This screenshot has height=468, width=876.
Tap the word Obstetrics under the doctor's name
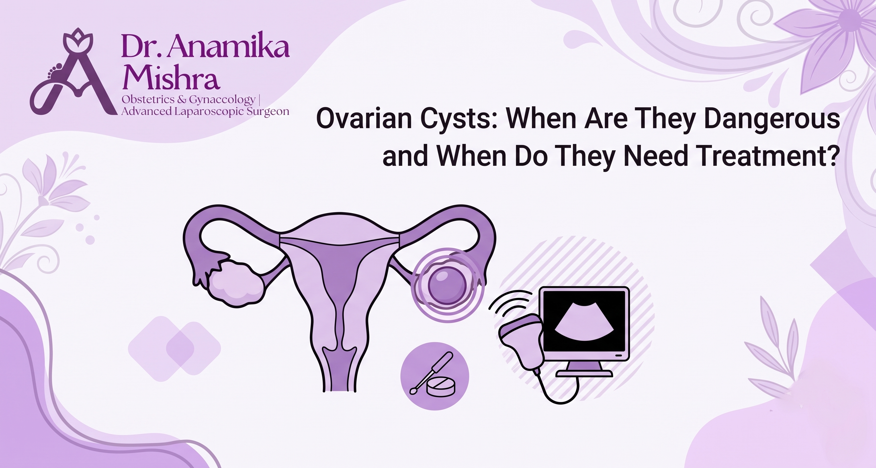(147, 99)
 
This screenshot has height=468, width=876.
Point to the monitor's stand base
(584, 374)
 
